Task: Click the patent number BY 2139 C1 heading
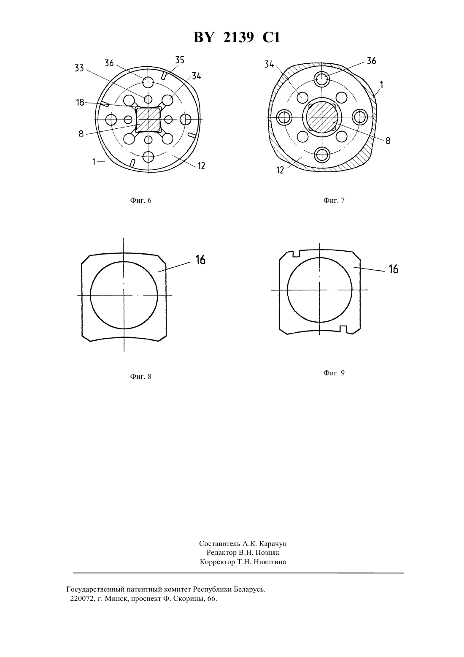237,38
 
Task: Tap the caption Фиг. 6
140,200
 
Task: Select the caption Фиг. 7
334,200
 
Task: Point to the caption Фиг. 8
140,376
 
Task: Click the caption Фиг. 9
334,373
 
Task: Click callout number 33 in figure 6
79,68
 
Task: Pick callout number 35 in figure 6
180,60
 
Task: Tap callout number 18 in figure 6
80,102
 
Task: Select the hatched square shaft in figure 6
148,119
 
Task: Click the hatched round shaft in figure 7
321,117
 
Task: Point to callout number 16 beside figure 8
200,260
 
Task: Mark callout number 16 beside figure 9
394,269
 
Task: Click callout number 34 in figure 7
269,64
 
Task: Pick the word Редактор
221,553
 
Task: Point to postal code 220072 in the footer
82,599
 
